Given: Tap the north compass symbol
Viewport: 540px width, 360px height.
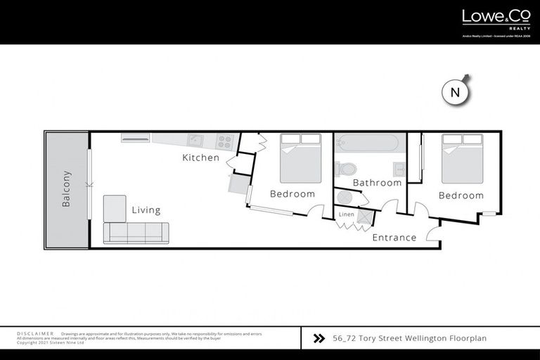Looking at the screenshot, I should point(455,92).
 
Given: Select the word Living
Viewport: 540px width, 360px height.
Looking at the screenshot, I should point(146,210).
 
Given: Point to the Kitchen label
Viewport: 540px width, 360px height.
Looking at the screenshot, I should point(200,157).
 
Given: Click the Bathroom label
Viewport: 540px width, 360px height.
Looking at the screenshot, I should point(377,183).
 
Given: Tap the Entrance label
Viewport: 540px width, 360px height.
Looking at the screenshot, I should point(394,238).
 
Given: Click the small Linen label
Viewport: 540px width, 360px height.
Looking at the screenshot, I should point(346,214).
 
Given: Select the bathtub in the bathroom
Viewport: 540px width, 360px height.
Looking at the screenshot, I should point(367,143).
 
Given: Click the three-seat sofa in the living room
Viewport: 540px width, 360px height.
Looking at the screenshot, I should point(136,233).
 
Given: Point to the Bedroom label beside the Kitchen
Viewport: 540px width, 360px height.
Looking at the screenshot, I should point(292,194).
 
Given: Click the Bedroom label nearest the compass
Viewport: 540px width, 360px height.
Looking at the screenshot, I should point(461,195).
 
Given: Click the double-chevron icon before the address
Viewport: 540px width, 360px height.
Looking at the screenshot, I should point(318,338).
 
